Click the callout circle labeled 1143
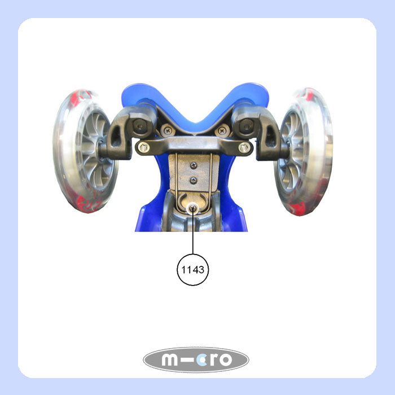tap(193, 270)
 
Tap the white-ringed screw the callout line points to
tap(193, 208)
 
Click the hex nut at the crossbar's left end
tap(143, 147)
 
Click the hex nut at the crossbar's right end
tap(244, 147)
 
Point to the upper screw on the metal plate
tap(194, 165)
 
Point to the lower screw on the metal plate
tap(193, 180)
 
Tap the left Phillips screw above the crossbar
tap(168, 131)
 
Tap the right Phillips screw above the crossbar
tap(222, 131)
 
